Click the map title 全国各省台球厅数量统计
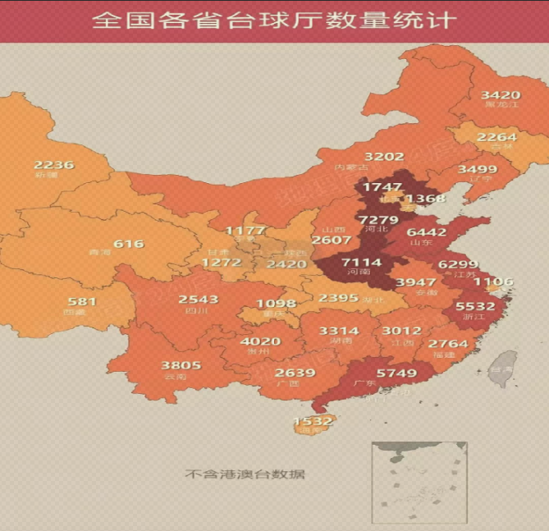point(273,20)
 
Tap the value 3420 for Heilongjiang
point(500,94)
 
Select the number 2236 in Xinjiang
point(54,164)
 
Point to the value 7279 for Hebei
point(378,219)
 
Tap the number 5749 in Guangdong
point(396,373)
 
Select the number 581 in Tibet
point(82,301)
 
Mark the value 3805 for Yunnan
point(180,365)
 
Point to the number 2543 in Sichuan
point(198,300)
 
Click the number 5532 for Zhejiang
point(476,305)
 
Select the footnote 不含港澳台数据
point(245,474)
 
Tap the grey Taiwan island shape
point(502,365)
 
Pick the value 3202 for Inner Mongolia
point(384,156)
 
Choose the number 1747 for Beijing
point(382,186)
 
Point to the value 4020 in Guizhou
point(260,341)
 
